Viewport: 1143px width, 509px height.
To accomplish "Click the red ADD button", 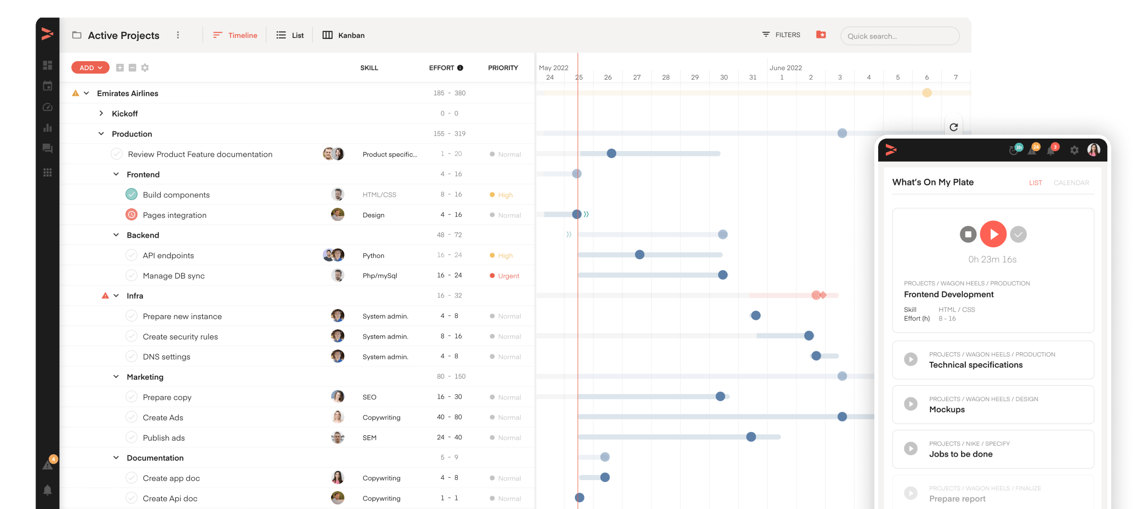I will point(90,68).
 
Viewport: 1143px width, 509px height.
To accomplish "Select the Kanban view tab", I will point(343,35).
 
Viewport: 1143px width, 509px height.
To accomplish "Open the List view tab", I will point(290,35).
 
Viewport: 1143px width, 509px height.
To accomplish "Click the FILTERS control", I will point(781,35).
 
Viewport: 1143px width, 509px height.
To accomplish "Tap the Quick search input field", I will point(899,36).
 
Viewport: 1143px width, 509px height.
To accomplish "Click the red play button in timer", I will point(993,234).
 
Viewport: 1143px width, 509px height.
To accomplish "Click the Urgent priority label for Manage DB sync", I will point(508,276).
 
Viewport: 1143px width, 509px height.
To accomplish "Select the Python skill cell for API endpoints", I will point(373,255).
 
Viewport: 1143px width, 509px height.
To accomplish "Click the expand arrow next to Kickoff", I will point(101,114).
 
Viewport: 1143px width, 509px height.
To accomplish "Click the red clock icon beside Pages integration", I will point(131,215).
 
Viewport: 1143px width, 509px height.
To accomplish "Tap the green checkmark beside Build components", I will point(131,194).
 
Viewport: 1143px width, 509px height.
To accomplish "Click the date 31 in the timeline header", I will point(753,77).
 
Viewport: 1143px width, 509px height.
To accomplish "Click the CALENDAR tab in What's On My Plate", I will point(1071,183).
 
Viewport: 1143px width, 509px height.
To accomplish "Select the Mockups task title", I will point(947,409).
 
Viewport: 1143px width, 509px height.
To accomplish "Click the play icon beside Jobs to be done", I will point(910,448).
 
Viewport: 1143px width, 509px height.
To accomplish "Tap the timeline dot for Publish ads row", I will point(751,437).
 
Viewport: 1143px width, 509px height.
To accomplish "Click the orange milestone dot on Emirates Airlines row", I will point(926,93).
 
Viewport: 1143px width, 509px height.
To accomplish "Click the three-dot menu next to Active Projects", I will point(178,35).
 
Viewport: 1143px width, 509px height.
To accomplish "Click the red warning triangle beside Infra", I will point(105,296).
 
